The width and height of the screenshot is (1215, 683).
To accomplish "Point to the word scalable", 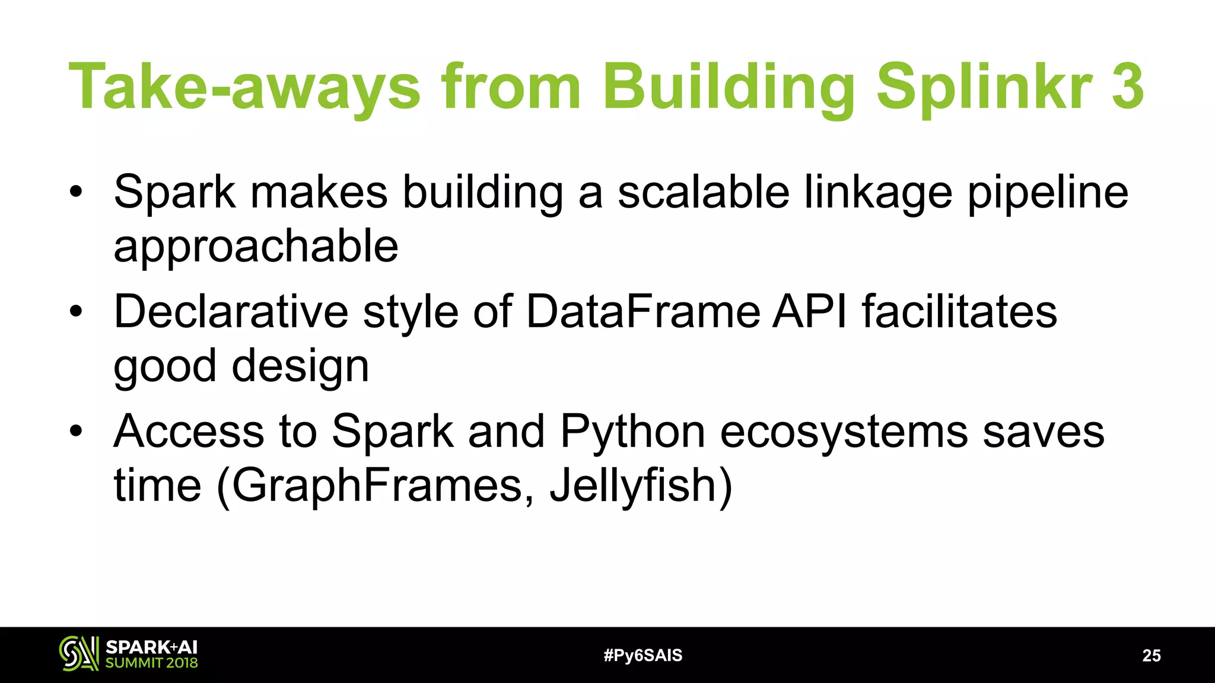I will tap(704, 192).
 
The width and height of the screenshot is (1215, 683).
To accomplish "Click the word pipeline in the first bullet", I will tap(1048, 193).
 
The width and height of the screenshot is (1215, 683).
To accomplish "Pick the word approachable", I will tap(256, 247).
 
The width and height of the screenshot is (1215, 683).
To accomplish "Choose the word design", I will tap(300, 366).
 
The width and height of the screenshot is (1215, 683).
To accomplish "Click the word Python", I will tap(632, 432).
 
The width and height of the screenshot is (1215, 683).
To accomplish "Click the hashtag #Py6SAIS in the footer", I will tap(643, 655).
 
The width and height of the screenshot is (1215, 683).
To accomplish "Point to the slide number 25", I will tap(1151, 655).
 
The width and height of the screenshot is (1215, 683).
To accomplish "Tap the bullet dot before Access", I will tap(75, 431).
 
